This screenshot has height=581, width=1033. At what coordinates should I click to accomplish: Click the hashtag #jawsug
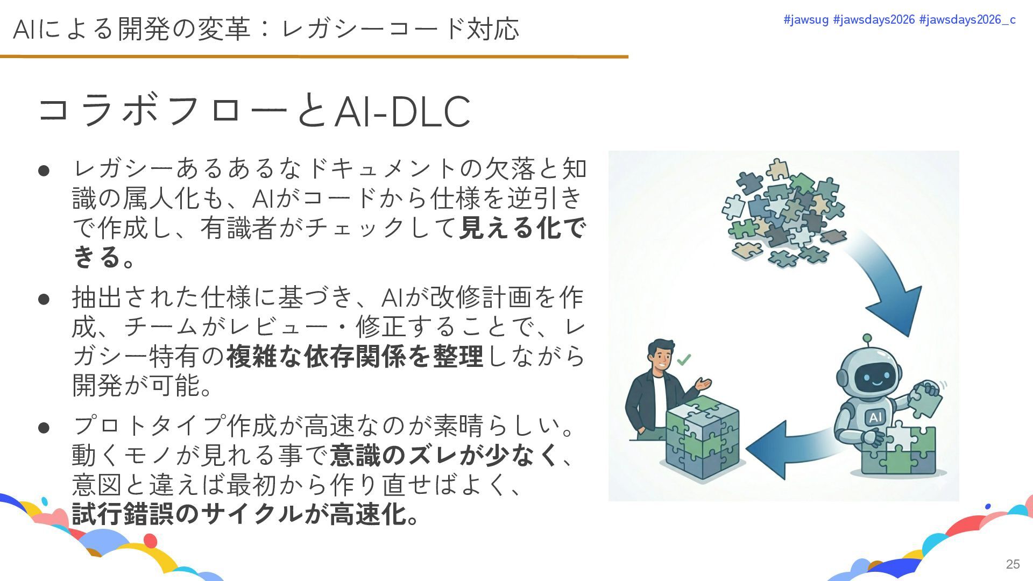(x=806, y=20)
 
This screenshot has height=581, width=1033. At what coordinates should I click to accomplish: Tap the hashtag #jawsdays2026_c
(x=967, y=20)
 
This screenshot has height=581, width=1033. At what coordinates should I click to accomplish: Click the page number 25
(x=1013, y=564)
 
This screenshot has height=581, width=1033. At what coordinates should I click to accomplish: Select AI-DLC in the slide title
(x=402, y=112)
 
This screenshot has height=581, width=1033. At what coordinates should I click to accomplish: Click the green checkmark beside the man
(x=684, y=359)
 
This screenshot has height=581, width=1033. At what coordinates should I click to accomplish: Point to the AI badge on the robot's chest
(x=875, y=417)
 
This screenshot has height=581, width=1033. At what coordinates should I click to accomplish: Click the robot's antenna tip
(x=867, y=338)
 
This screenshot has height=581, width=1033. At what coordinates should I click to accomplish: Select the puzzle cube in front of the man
(x=702, y=438)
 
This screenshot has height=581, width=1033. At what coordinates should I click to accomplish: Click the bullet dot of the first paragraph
(x=44, y=171)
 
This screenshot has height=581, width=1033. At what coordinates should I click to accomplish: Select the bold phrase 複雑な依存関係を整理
(x=355, y=356)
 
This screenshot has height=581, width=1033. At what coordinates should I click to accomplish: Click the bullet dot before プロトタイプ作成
(x=44, y=428)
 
